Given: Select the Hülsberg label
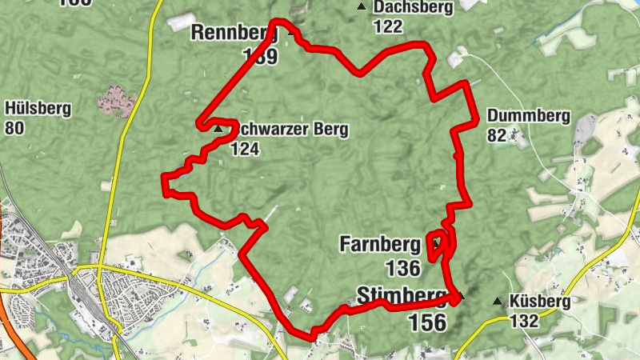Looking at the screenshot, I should point(38,109).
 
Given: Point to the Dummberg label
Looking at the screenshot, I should point(528,116).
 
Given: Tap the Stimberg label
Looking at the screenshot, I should point(401,295).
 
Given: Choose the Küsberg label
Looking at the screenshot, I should point(540,302).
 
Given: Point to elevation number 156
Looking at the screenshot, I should point(427,322).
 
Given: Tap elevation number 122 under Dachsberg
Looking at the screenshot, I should point(387,26).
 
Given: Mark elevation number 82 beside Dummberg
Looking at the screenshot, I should point(497,135).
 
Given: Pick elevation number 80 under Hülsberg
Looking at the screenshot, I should point(14,127).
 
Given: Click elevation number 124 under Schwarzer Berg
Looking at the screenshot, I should point(245,148).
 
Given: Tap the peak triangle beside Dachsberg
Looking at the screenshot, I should point(362,7).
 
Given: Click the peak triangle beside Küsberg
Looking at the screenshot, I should point(498,302).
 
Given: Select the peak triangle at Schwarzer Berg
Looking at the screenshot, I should point(218,128).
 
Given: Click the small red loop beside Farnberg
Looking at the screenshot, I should point(438,246).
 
